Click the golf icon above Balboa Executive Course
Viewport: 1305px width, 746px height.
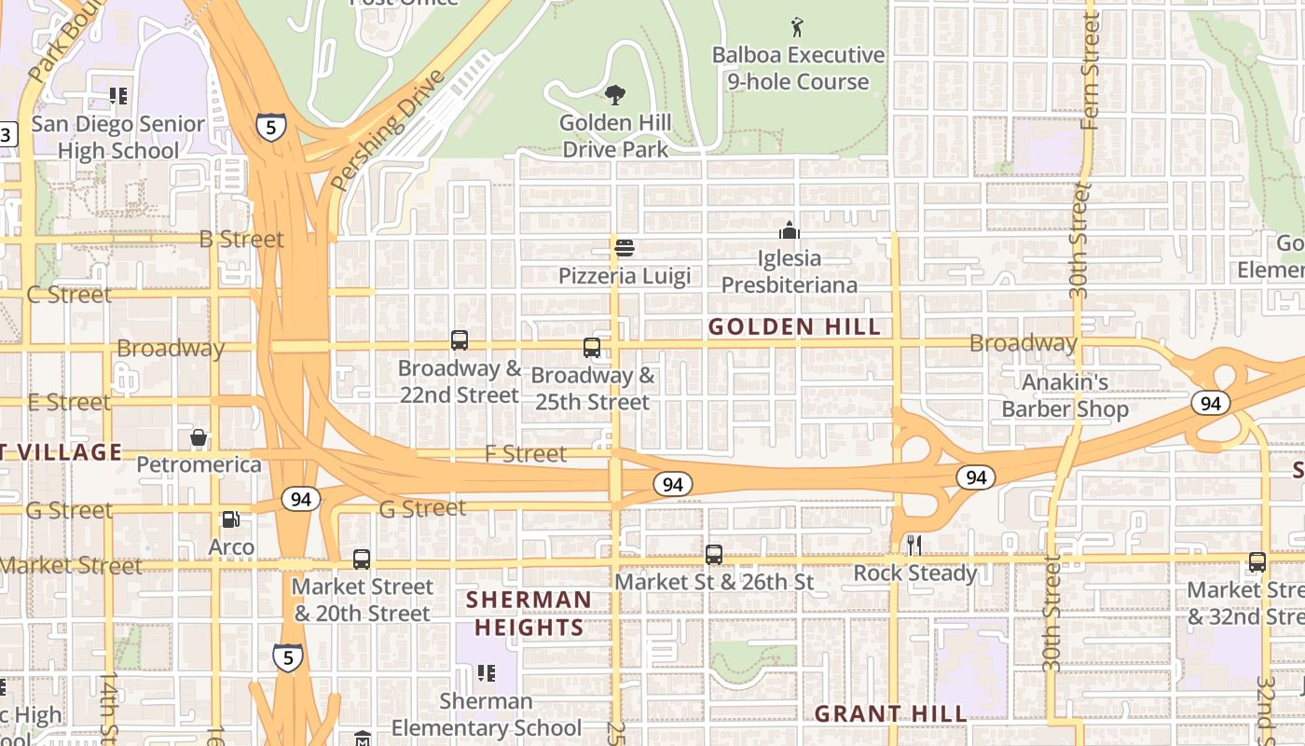point(797,26)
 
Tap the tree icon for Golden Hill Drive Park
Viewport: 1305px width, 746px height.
point(614,94)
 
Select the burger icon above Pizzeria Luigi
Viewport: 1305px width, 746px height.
point(625,248)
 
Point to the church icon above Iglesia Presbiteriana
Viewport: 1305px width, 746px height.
point(790,229)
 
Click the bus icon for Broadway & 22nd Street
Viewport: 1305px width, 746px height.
point(460,340)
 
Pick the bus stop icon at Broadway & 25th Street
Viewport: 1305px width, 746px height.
point(592,348)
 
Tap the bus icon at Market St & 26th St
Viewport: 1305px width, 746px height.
point(714,554)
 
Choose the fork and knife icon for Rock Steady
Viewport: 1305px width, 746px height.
point(914,546)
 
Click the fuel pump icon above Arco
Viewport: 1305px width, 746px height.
point(230,519)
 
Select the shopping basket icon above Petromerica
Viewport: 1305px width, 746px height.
point(199,436)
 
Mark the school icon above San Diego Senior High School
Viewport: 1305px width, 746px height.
point(117,95)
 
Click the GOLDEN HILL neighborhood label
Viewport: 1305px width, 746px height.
point(794,326)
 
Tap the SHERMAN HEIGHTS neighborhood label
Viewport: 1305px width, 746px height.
point(529,614)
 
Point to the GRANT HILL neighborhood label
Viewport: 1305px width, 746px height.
point(890,714)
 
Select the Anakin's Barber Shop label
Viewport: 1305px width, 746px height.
point(1065,395)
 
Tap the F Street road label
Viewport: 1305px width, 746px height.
point(526,454)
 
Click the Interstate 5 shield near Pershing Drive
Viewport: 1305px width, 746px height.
point(270,126)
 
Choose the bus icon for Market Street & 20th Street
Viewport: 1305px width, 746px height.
point(362,559)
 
